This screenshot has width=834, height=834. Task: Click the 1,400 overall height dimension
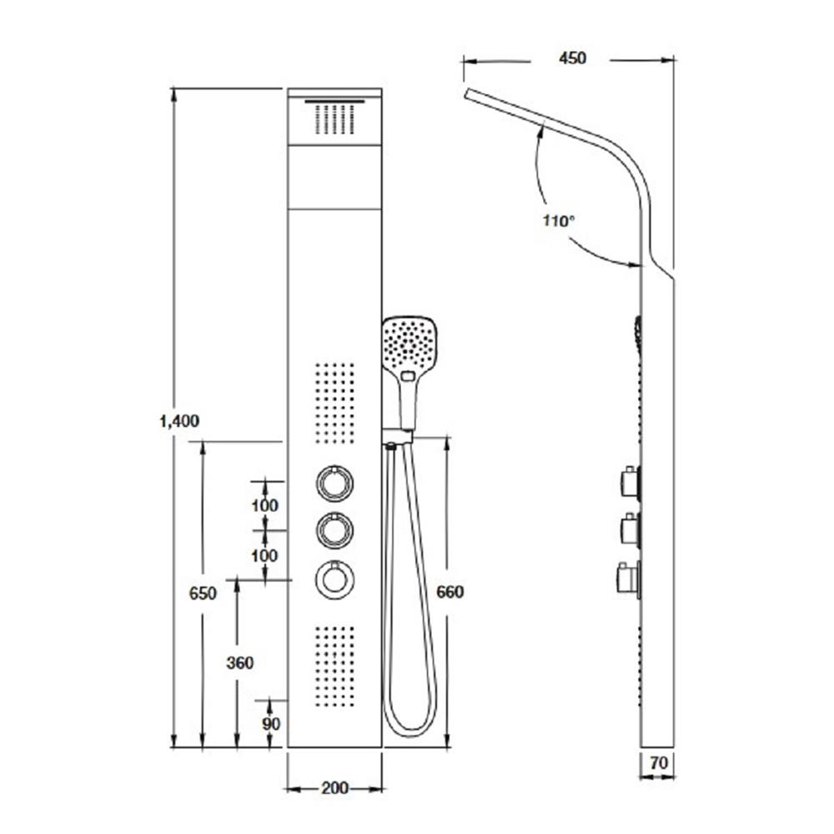click(179, 421)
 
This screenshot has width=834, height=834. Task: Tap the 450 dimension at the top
click(572, 58)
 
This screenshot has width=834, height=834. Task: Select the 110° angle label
click(559, 220)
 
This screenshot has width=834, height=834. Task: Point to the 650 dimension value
click(203, 592)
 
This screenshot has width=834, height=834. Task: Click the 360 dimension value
click(240, 663)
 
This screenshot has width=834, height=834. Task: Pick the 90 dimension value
click(271, 724)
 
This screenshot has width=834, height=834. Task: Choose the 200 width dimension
click(334, 788)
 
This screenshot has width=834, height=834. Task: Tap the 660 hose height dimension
click(450, 591)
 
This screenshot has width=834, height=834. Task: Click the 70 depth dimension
click(659, 763)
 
